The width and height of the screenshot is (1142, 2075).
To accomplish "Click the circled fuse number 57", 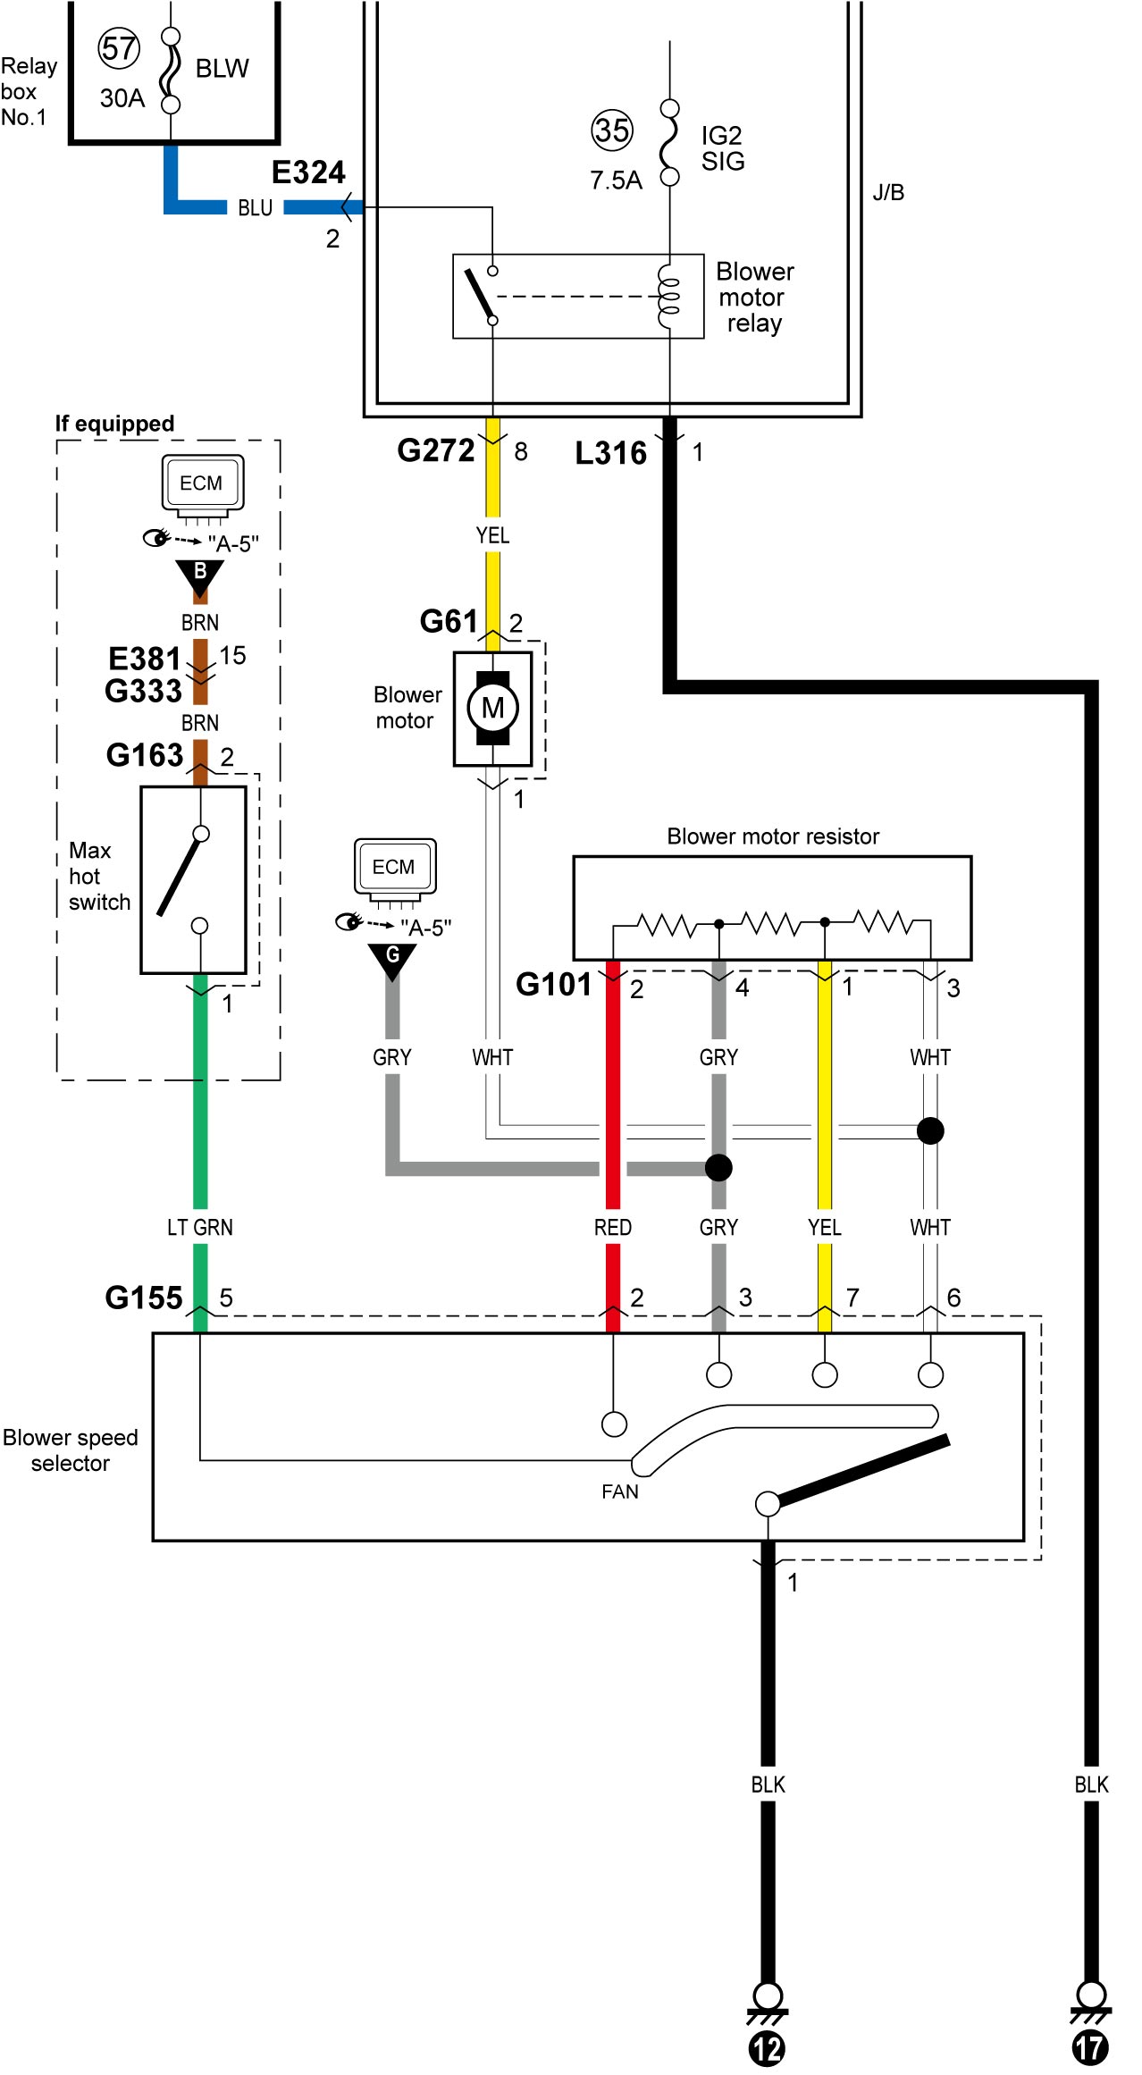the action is click(x=119, y=49).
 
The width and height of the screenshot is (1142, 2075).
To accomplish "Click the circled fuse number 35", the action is click(x=612, y=130).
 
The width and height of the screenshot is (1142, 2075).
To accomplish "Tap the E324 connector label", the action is click(x=308, y=172).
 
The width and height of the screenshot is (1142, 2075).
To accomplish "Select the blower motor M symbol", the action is click(x=492, y=708).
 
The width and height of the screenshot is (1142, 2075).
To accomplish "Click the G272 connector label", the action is click(x=436, y=450).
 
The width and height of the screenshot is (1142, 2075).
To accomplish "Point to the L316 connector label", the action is click(x=610, y=453).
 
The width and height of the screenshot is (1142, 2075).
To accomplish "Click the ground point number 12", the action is click(x=767, y=2048).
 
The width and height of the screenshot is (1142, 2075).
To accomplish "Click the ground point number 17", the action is click(x=1090, y=2048).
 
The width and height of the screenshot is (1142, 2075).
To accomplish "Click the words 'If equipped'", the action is click(x=114, y=424).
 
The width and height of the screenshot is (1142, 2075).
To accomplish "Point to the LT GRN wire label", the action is click(x=200, y=1228).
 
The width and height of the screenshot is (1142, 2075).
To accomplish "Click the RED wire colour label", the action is click(x=613, y=1228).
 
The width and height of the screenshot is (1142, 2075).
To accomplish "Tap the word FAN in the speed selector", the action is click(x=620, y=1491).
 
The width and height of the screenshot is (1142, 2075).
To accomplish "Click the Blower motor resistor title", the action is click(x=773, y=836).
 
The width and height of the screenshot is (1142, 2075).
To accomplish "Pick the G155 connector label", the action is click(x=144, y=1298).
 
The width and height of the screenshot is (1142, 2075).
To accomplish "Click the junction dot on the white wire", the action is click(x=930, y=1130).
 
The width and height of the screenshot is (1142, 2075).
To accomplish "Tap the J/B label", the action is click(x=888, y=193).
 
